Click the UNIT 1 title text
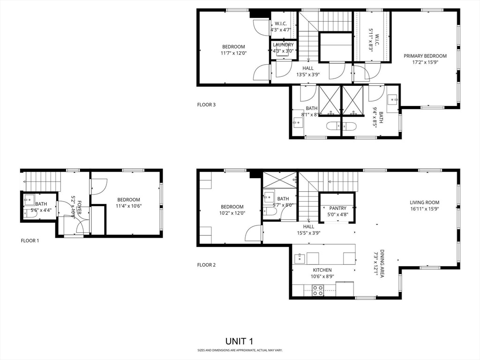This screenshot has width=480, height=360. pyautogui.click(x=240, y=341)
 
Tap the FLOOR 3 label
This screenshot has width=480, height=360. pyautogui.click(x=206, y=105)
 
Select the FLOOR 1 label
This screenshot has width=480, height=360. pyautogui.click(x=30, y=241)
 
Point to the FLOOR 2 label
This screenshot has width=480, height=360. pyautogui.click(x=206, y=265)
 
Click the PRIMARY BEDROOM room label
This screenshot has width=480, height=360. pyautogui.click(x=425, y=56)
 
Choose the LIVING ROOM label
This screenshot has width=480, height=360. pyautogui.click(x=424, y=202)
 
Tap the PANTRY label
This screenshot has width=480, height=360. pyautogui.click(x=337, y=208)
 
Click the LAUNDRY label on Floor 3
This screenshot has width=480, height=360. pyautogui.click(x=283, y=45)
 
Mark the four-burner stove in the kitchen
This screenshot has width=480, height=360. pyautogui.click(x=318, y=290)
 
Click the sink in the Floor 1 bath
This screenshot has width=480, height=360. pyautogui.click(x=29, y=198)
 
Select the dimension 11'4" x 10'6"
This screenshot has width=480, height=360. pyautogui.click(x=128, y=205)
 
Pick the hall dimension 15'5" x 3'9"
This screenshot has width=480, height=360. pyautogui.click(x=308, y=232)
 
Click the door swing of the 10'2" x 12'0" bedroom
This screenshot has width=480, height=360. pyautogui.click(x=254, y=233)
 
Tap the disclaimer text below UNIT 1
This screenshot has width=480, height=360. pyautogui.click(x=240, y=350)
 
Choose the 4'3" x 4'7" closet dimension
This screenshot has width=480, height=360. pyautogui.click(x=281, y=30)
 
